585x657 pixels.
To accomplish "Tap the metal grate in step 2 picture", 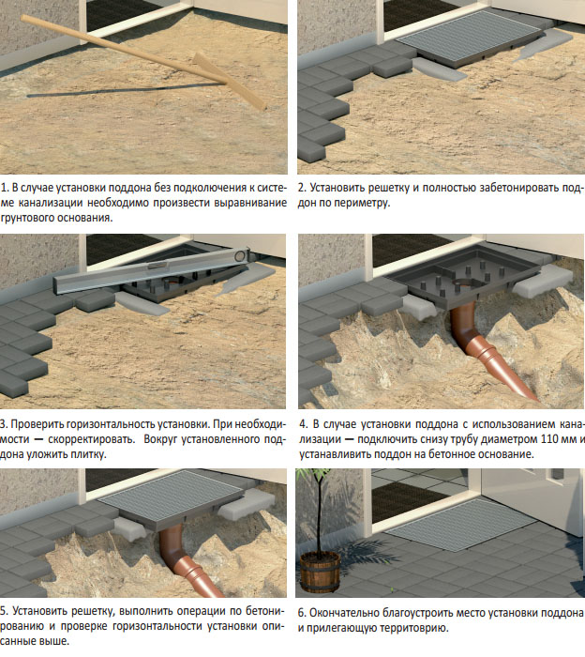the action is [470, 36].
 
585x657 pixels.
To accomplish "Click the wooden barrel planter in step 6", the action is [321, 572].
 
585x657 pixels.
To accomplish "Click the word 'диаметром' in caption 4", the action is [510, 439].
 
